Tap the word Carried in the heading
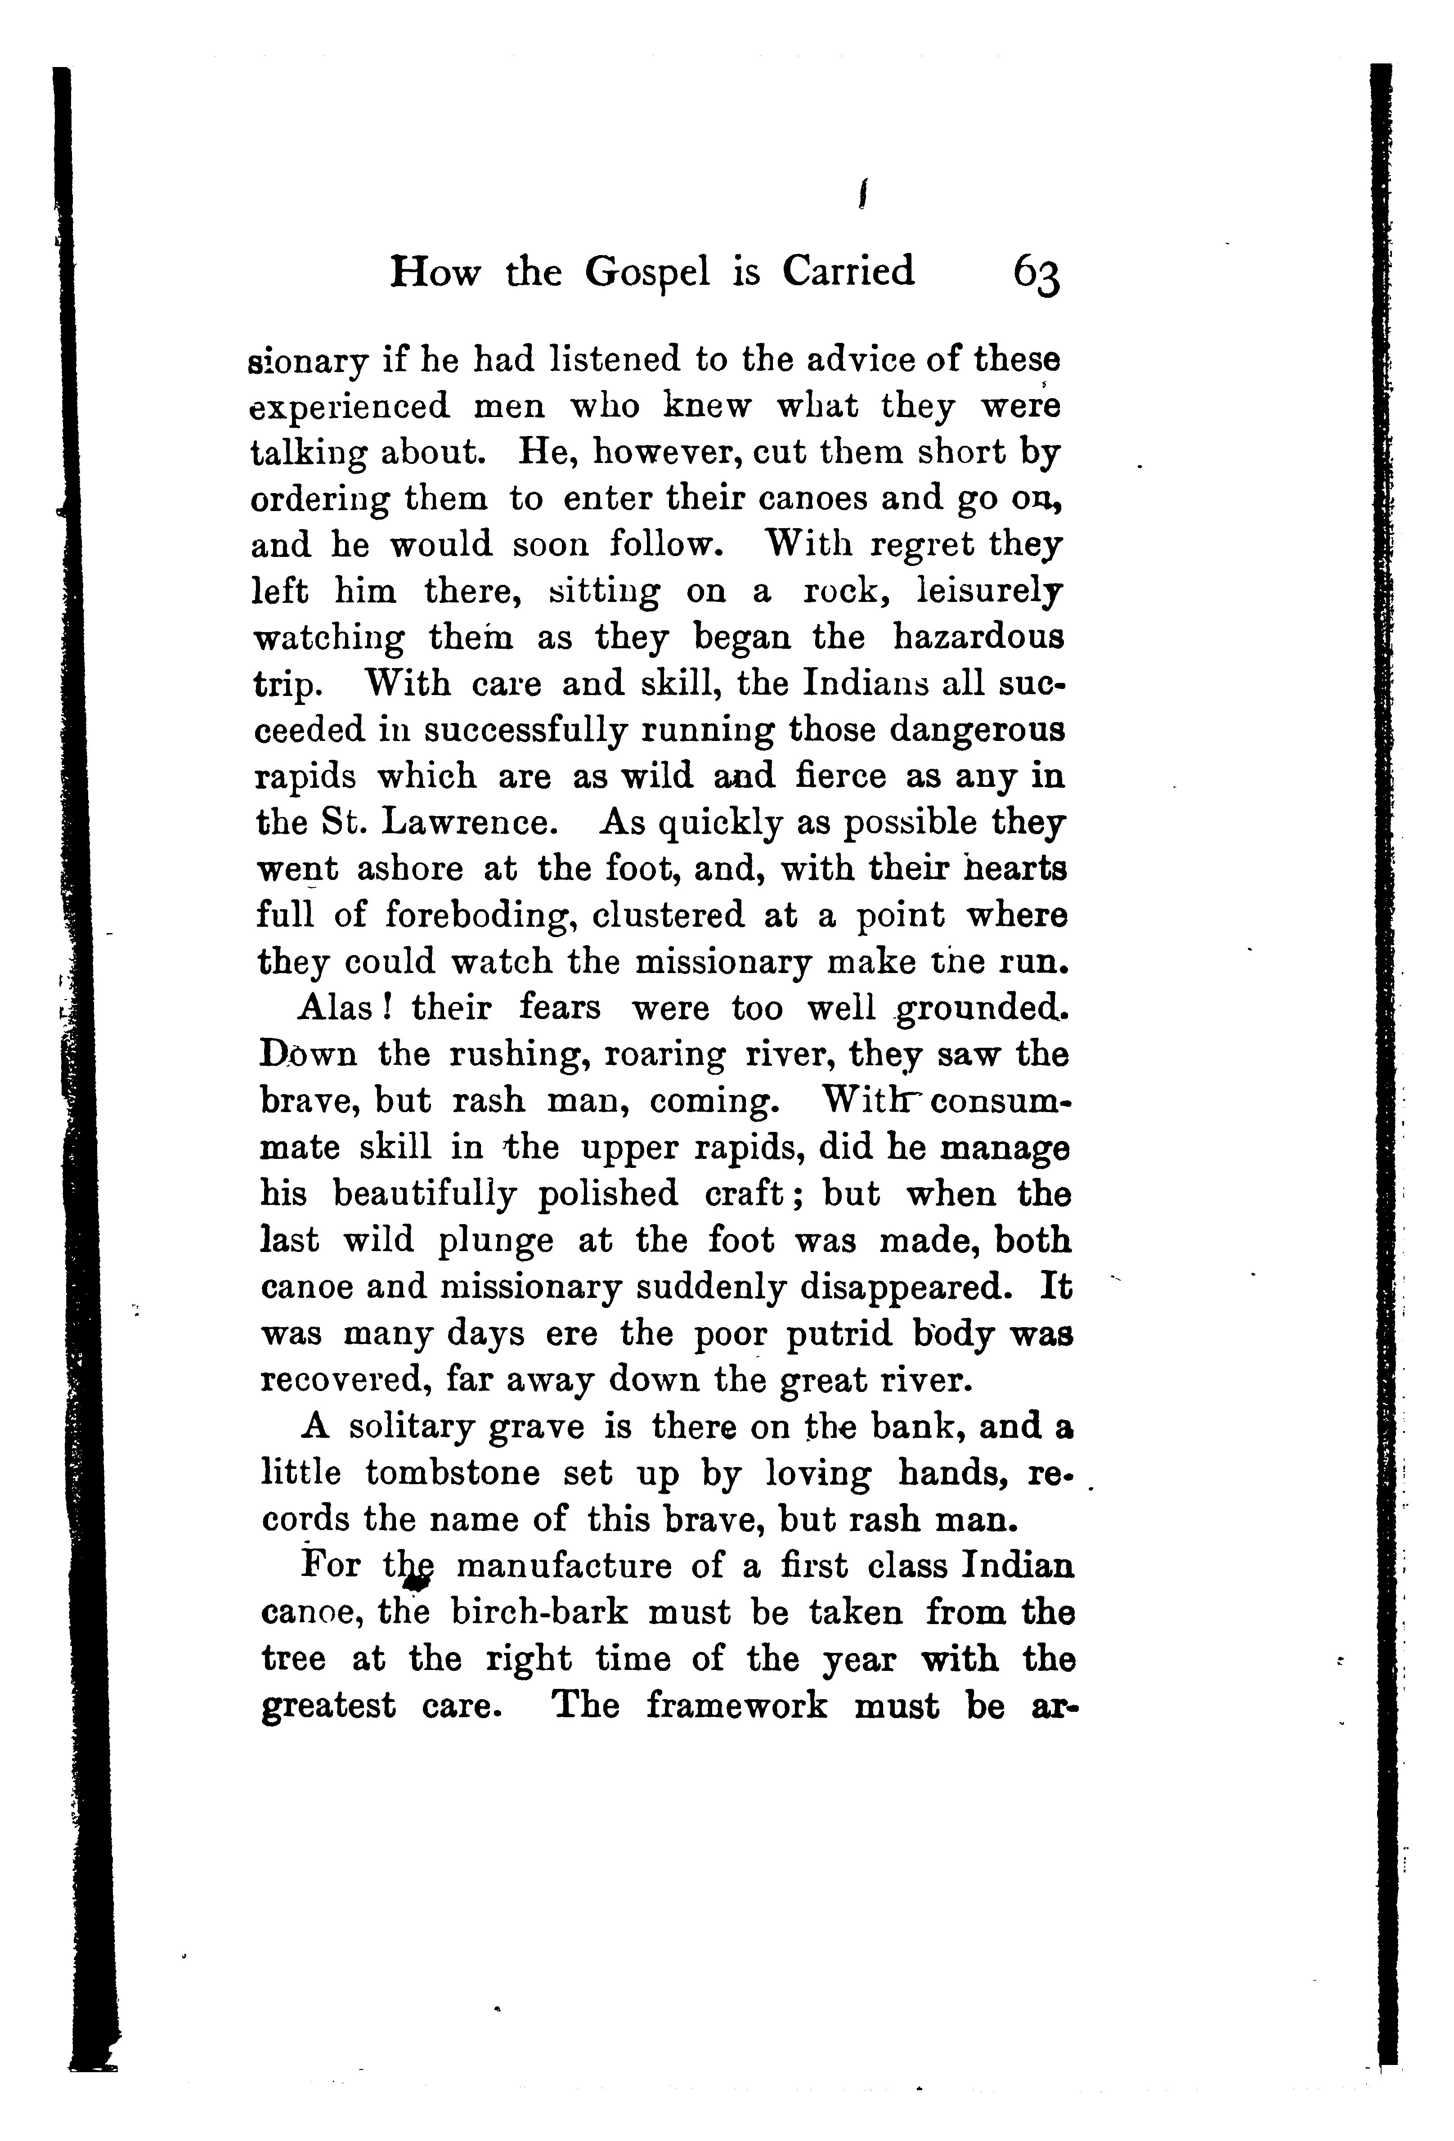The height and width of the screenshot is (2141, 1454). click(x=848, y=272)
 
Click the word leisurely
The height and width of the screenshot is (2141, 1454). click(x=990, y=592)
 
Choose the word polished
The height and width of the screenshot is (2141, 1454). click(x=607, y=1194)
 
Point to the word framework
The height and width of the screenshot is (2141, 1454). click(x=736, y=1705)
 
